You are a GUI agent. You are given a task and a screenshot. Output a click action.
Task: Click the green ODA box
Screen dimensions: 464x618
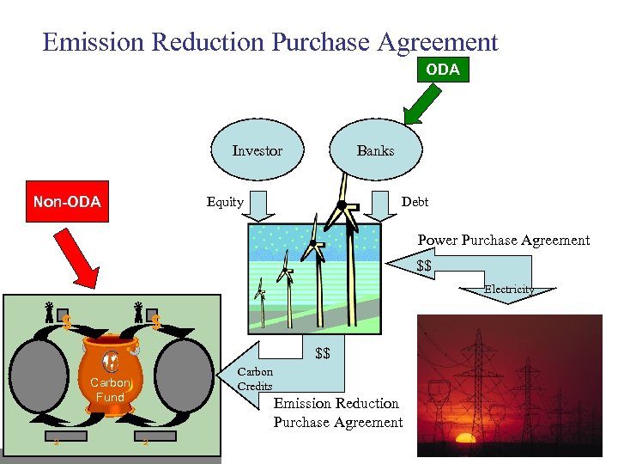click(x=443, y=70)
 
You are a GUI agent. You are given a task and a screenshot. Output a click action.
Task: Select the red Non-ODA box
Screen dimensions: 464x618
click(x=67, y=202)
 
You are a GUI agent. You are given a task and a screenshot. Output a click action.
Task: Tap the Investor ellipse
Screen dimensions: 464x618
click(x=257, y=150)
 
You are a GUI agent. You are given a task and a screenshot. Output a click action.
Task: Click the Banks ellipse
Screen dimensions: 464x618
click(x=375, y=150)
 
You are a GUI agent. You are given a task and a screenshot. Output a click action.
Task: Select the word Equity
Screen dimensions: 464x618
click(x=225, y=202)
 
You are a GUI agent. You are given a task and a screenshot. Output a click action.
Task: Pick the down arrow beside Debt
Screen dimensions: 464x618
click(x=378, y=205)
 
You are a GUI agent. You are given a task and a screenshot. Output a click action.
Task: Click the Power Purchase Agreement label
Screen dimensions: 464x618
click(x=504, y=240)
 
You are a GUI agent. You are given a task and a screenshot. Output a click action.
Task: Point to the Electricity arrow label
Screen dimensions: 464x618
click(x=509, y=290)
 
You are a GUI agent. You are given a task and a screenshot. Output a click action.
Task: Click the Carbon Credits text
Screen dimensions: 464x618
click(x=254, y=379)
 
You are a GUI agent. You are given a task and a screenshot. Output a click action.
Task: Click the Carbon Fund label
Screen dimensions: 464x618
click(x=110, y=390)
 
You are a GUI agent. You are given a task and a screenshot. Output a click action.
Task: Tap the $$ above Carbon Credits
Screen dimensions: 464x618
click(x=323, y=353)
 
